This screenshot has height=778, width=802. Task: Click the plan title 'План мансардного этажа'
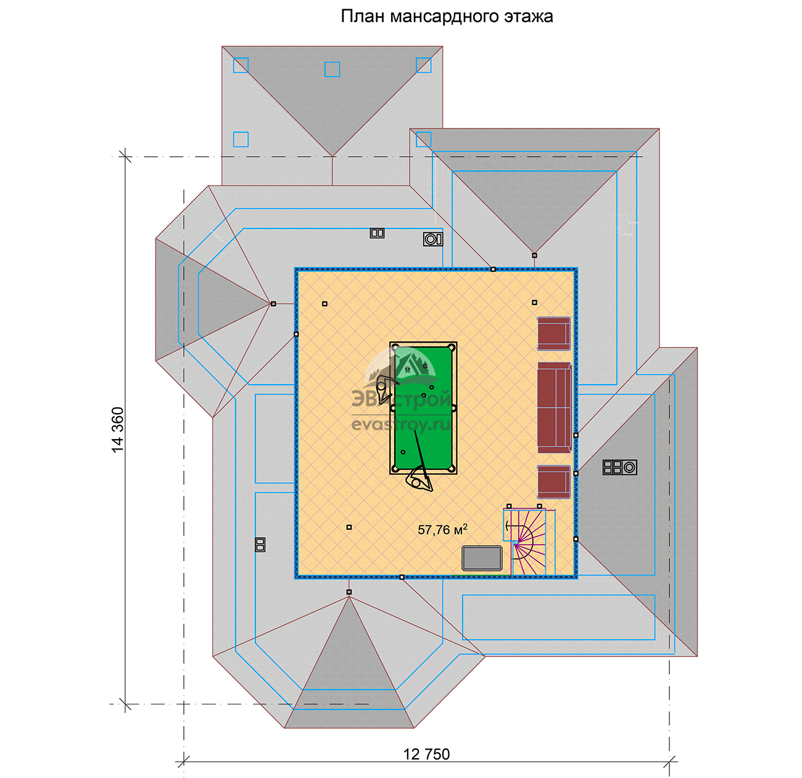tap(447, 16)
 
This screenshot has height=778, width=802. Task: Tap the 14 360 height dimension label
tap(118, 429)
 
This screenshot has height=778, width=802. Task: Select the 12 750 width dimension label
tap(426, 754)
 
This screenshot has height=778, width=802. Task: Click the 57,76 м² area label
tap(442, 529)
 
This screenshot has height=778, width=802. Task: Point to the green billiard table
tap(423, 408)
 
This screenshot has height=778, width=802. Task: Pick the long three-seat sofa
tap(555, 408)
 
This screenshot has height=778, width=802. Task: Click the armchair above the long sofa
tap(554, 333)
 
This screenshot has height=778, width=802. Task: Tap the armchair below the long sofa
tap(554, 482)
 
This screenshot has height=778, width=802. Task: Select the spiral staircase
tap(529, 542)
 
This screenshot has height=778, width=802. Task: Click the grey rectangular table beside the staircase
tap(482, 559)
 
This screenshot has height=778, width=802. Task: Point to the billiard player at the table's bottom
tap(420, 479)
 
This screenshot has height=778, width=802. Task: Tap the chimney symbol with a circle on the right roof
tap(619, 467)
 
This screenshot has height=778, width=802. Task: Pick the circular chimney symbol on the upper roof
tap(432, 239)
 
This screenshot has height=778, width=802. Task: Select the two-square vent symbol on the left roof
tap(260, 545)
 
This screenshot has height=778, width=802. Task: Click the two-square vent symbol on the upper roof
tap(377, 233)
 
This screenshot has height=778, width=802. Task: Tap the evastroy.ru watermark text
tap(401, 424)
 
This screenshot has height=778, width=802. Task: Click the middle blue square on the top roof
tap(332, 69)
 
